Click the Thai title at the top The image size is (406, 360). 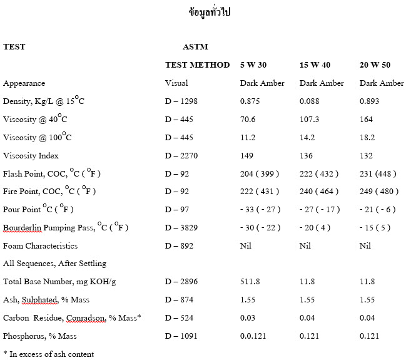coord(209,12)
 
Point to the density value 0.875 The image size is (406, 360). coord(250,101)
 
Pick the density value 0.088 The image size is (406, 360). coord(310,101)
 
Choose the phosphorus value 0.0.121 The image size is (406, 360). coord(253,336)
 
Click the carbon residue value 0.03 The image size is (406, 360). coord(248,318)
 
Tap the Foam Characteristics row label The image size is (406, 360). coord(41,245)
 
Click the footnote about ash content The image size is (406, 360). coord(48,354)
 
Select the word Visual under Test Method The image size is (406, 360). coord(176,83)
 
